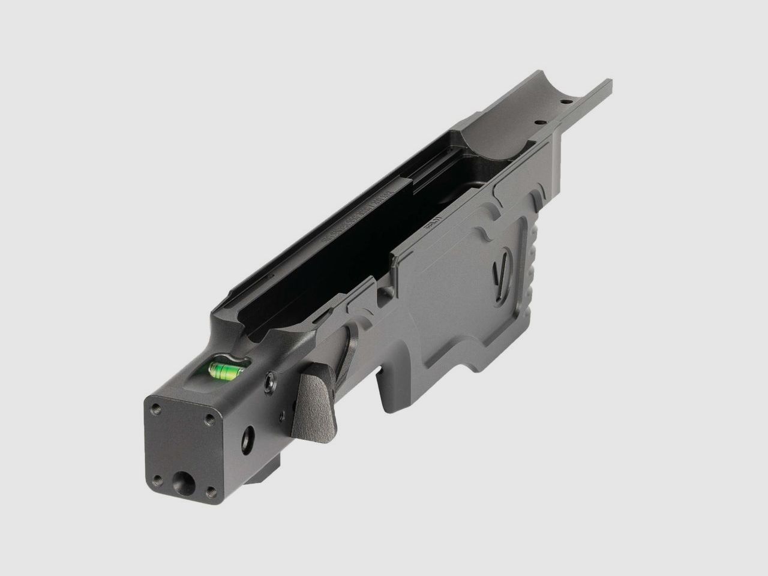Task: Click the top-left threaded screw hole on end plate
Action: point(156,407)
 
